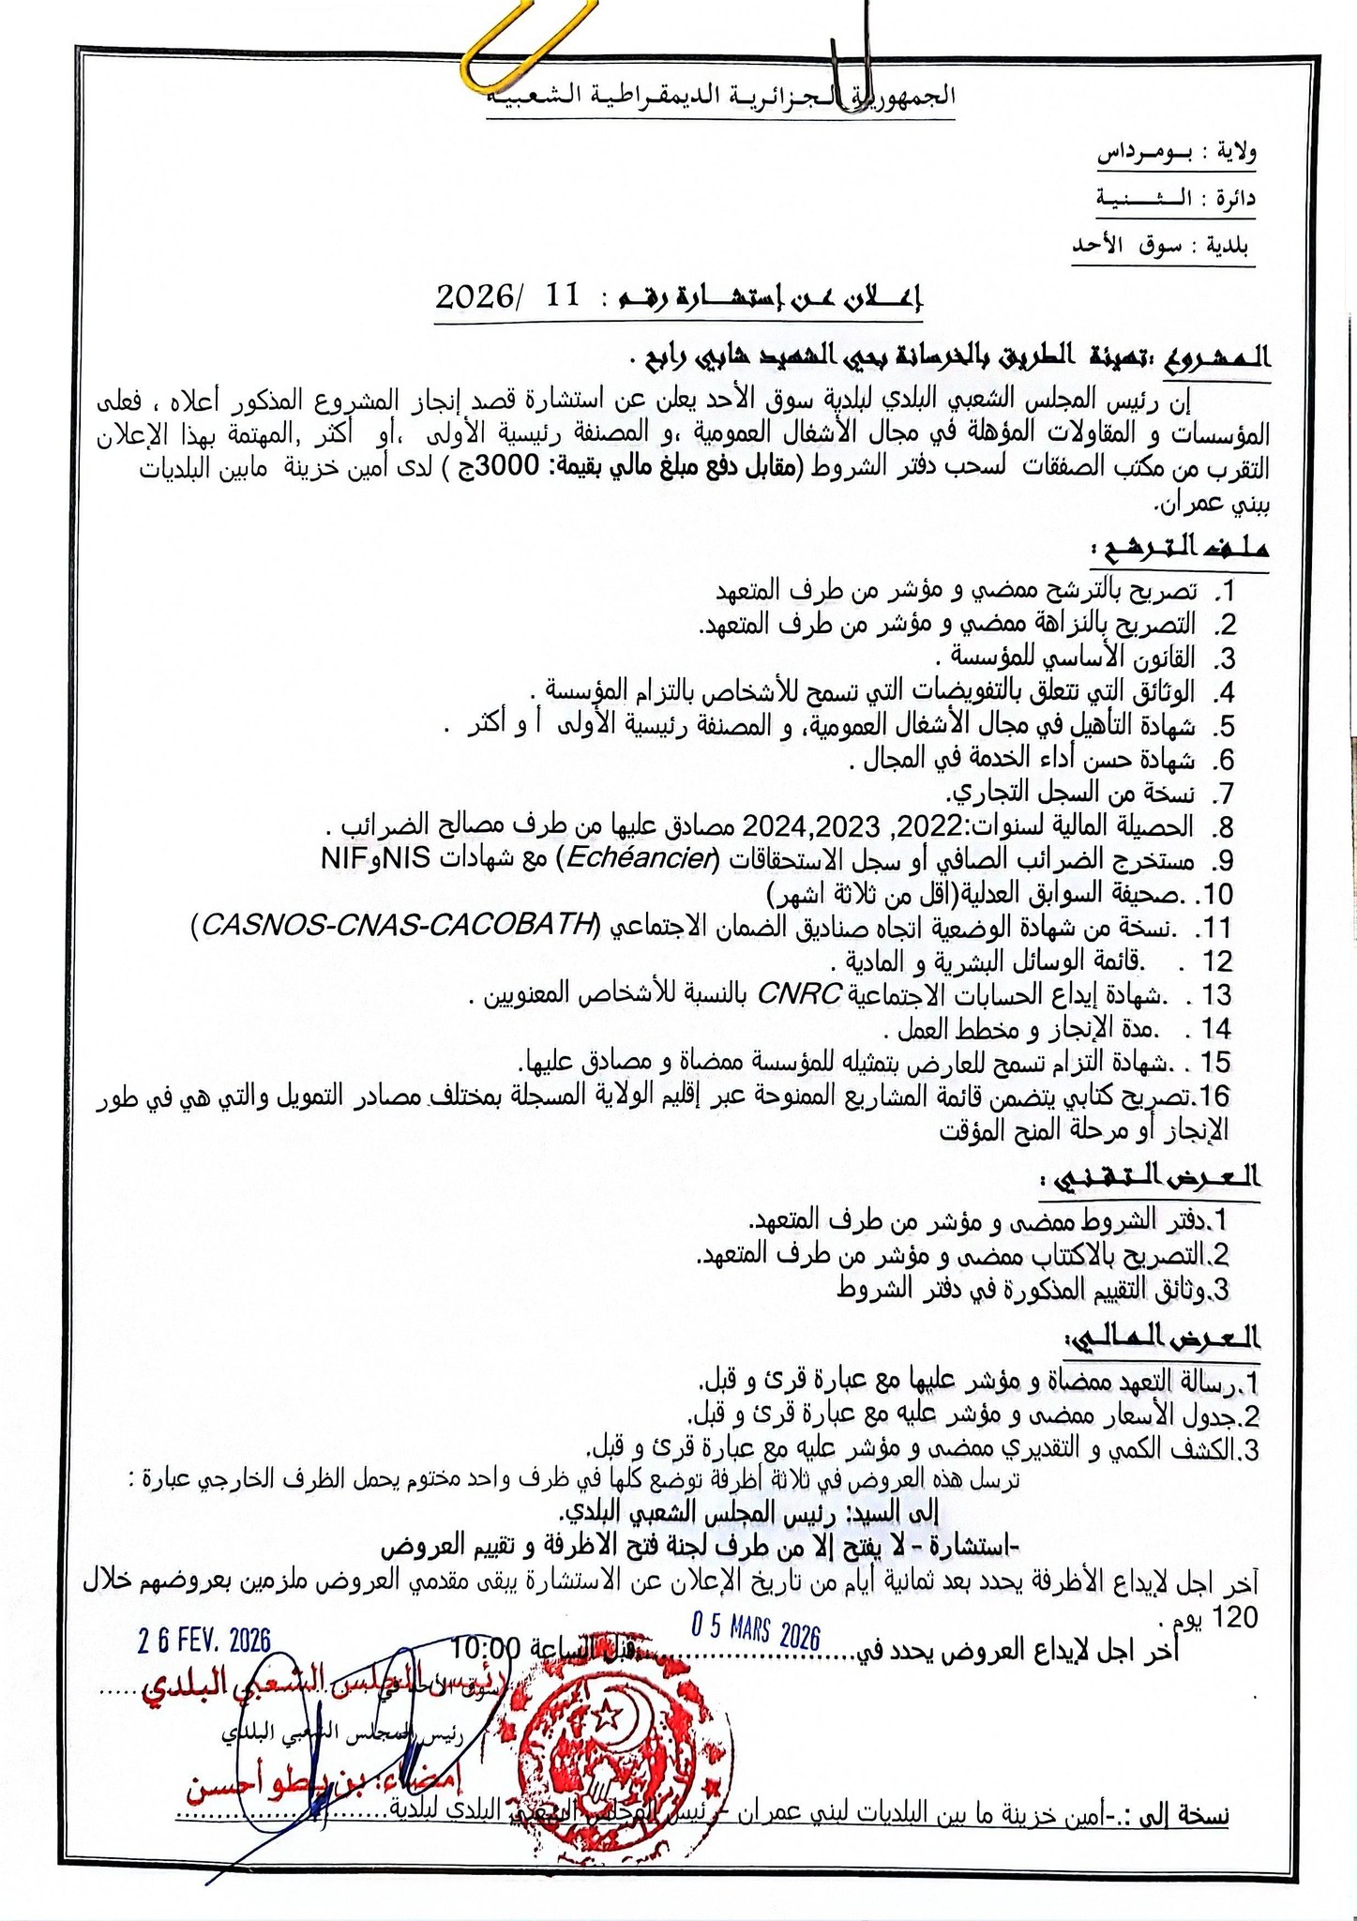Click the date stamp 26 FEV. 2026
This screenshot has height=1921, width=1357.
[x=204, y=1641]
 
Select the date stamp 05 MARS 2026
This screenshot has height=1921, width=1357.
[x=755, y=1631]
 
